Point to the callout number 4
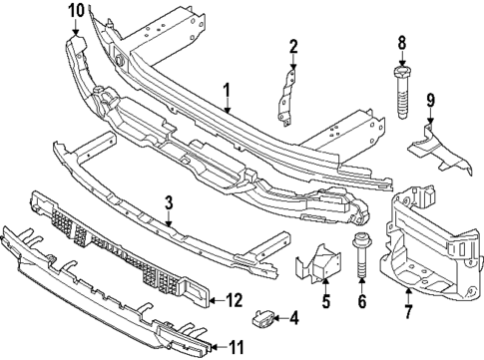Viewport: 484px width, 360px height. [293, 319]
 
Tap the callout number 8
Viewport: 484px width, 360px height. [403, 42]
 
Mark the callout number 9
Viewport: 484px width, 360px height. [430, 100]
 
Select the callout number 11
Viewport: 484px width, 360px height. [236, 347]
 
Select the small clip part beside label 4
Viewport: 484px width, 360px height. [265, 319]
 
